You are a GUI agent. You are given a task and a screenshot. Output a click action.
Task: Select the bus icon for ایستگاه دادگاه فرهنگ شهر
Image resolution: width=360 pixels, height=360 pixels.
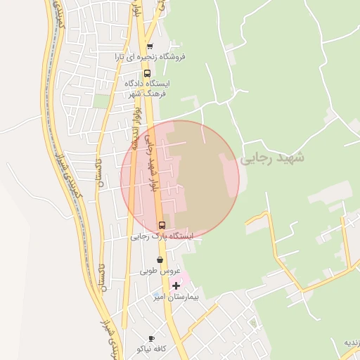pos(147,72)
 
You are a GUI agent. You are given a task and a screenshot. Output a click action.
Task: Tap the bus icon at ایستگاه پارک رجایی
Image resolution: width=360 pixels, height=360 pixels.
pos(162,226)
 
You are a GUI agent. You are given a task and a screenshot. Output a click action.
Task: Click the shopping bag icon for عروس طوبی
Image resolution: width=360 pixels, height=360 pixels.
pos(160,259)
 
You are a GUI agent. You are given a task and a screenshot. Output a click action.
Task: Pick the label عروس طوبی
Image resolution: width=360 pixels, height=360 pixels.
pos(160,271)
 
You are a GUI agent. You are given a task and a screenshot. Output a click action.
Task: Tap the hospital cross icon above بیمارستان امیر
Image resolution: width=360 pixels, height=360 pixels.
pos(176,285)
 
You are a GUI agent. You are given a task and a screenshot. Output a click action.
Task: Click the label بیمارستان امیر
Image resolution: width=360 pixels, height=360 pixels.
pos(177,297)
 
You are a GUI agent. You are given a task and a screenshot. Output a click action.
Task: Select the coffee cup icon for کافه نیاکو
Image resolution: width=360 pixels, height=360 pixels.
pos(151,339)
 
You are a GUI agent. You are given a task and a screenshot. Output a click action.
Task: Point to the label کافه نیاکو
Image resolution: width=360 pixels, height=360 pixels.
pos(153,349)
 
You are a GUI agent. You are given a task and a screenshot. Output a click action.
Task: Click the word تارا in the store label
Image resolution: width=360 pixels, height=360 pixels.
pos(121,56)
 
